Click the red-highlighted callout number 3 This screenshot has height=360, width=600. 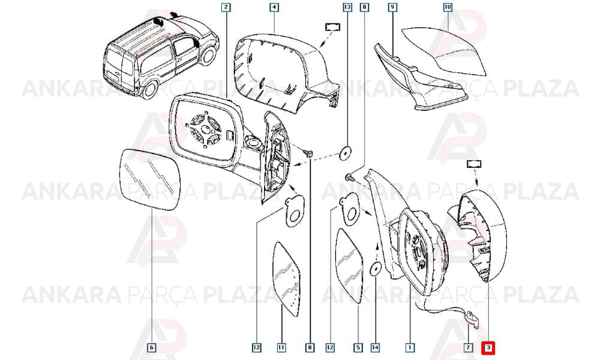(x=488, y=347)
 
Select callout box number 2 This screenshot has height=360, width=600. (x=226, y=7)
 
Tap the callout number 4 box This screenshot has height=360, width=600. (x=274, y=7)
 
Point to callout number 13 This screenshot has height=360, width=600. (x=347, y=7)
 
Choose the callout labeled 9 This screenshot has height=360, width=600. (x=392, y=7)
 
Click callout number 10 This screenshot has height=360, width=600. (x=448, y=7)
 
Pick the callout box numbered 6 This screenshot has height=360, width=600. (x=152, y=347)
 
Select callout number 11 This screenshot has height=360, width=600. (x=281, y=347)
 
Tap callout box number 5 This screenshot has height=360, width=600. (x=358, y=347)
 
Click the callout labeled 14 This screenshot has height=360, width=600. (x=376, y=347)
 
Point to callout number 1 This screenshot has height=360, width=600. (x=410, y=347)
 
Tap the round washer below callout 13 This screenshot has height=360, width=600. (x=346, y=152)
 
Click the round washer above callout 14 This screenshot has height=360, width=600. (x=376, y=269)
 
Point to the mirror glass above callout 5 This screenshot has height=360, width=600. (x=349, y=266)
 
